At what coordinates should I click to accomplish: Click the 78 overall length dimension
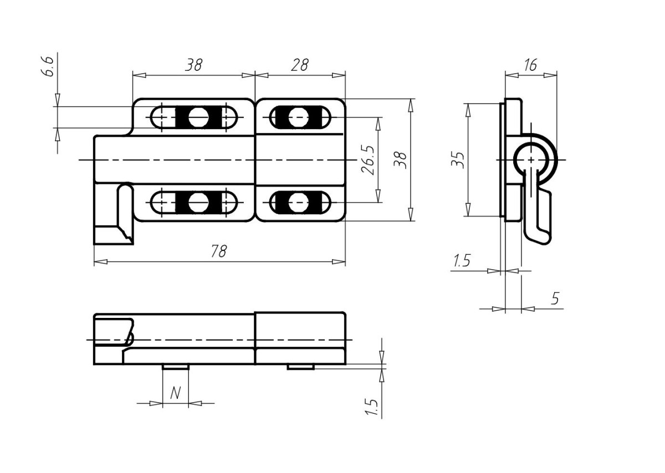click(219, 251)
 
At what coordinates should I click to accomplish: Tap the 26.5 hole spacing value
click(368, 160)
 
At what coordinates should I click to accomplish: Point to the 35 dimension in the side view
click(458, 160)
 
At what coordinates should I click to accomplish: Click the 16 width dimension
click(530, 65)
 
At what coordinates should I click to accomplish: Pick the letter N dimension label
click(175, 393)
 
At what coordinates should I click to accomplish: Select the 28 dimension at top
click(300, 65)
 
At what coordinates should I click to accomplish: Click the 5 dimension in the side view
click(555, 299)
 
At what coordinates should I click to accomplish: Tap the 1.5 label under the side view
click(461, 260)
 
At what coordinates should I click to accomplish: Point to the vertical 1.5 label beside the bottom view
click(371, 407)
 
